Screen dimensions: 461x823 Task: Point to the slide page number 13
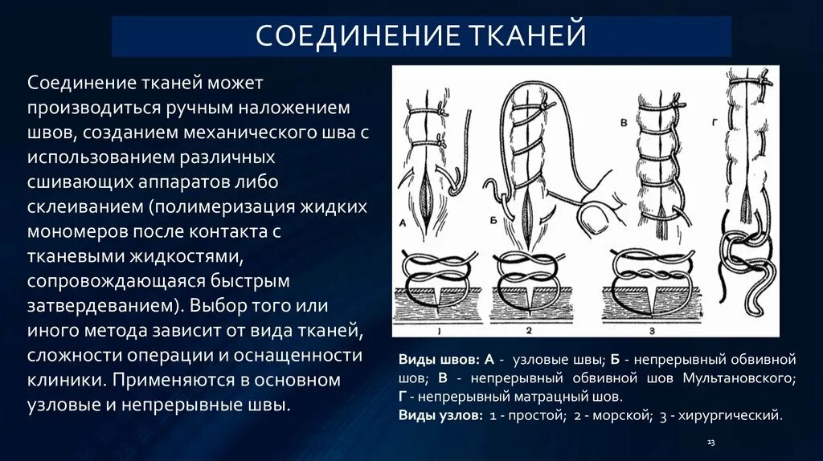(710, 443)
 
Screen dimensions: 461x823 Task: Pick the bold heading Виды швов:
(440, 358)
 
